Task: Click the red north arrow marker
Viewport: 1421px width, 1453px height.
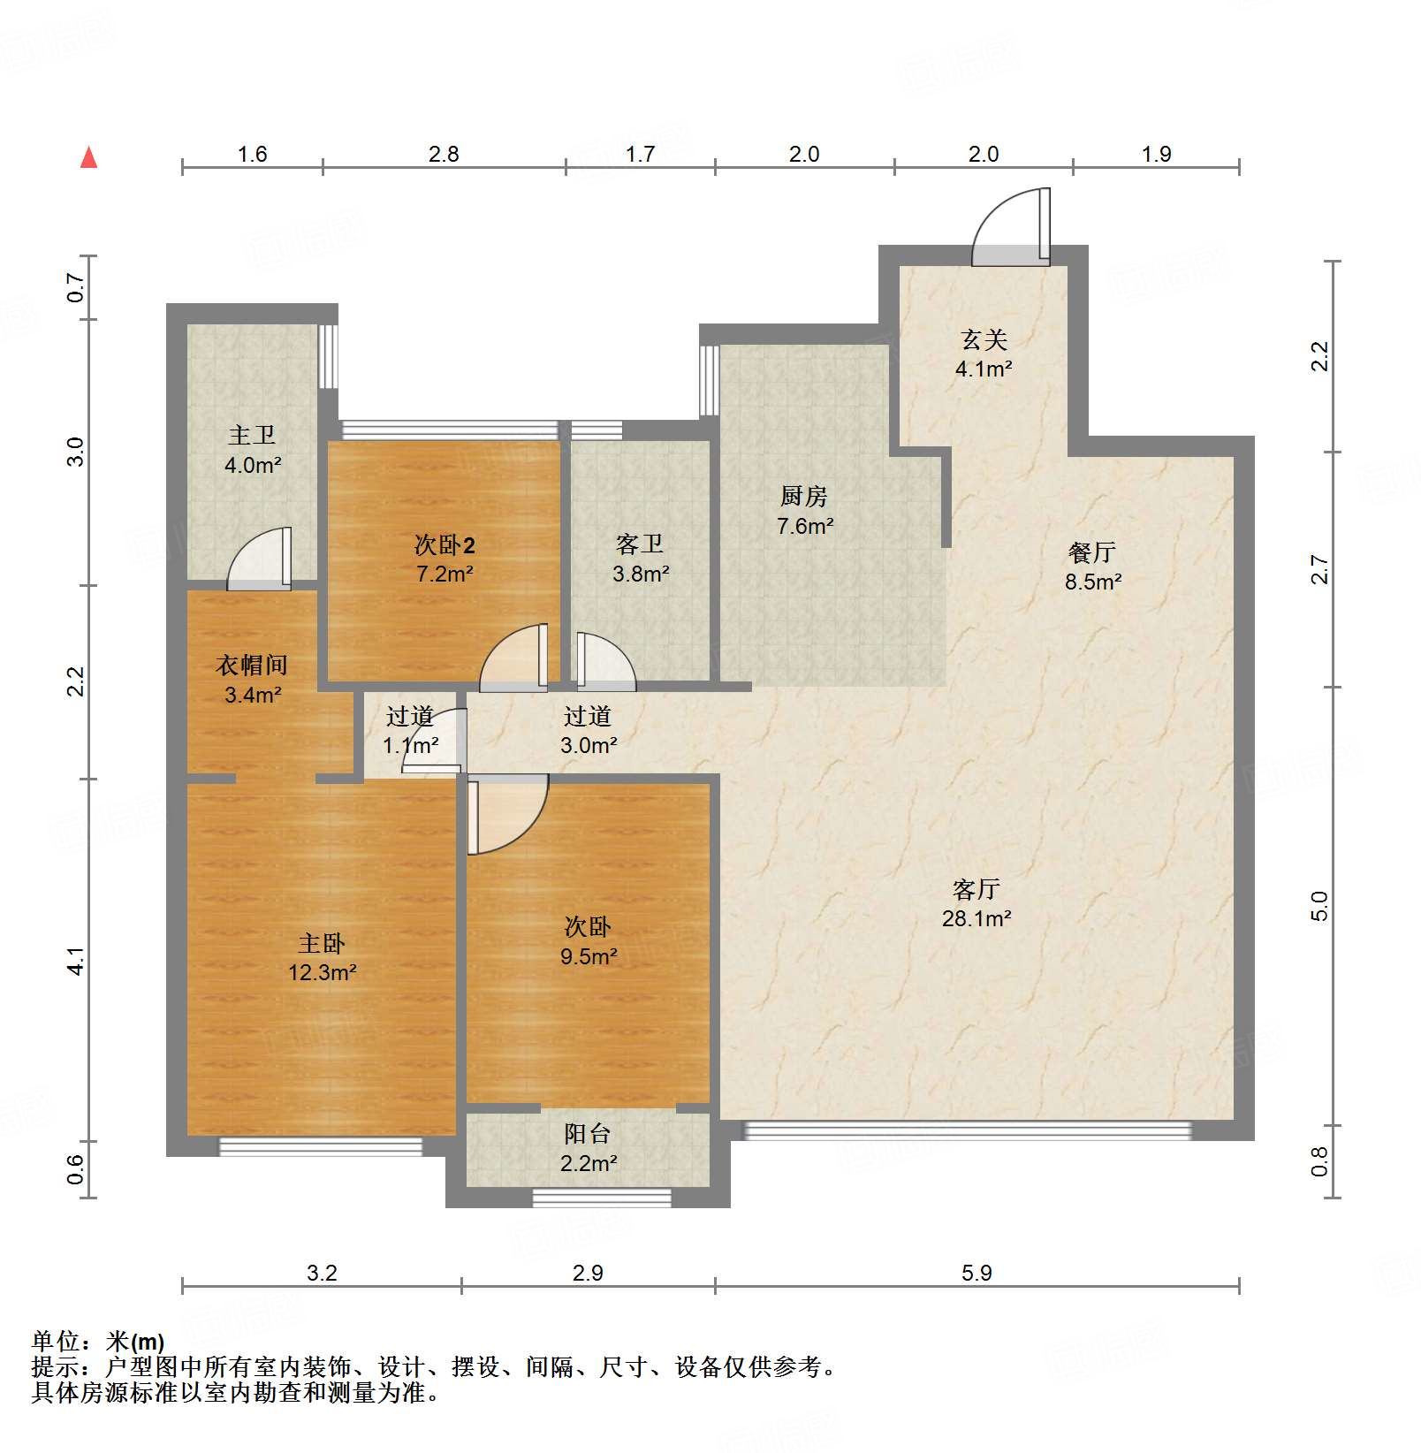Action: click(x=88, y=158)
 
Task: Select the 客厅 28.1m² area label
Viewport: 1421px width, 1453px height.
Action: click(x=976, y=903)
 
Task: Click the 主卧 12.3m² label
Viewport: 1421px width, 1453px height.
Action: click(x=322, y=957)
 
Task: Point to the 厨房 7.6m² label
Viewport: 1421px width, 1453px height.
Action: click(x=804, y=511)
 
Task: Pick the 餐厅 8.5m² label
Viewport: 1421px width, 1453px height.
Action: click(x=1092, y=567)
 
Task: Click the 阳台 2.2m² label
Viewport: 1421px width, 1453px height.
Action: click(x=588, y=1148)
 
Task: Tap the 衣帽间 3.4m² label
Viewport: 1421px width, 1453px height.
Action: click(x=252, y=680)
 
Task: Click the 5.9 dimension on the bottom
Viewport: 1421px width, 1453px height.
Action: click(x=976, y=1273)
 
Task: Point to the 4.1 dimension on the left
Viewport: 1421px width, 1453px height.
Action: click(x=77, y=961)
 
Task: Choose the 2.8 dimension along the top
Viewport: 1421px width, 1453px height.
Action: click(x=444, y=154)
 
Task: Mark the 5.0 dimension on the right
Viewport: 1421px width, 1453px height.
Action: click(x=1318, y=906)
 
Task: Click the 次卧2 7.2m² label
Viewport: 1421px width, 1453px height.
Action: click(x=445, y=559)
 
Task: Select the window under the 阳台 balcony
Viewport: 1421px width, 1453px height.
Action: click(x=602, y=1198)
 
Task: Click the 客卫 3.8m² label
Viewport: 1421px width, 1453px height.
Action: click(x=640, y=559)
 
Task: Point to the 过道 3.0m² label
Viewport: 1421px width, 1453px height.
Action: click(x=588, y=730)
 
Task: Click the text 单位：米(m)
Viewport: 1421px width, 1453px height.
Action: click(x=98, y=1342)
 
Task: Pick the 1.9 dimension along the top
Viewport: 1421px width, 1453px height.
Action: click(x=1155, y=154)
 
